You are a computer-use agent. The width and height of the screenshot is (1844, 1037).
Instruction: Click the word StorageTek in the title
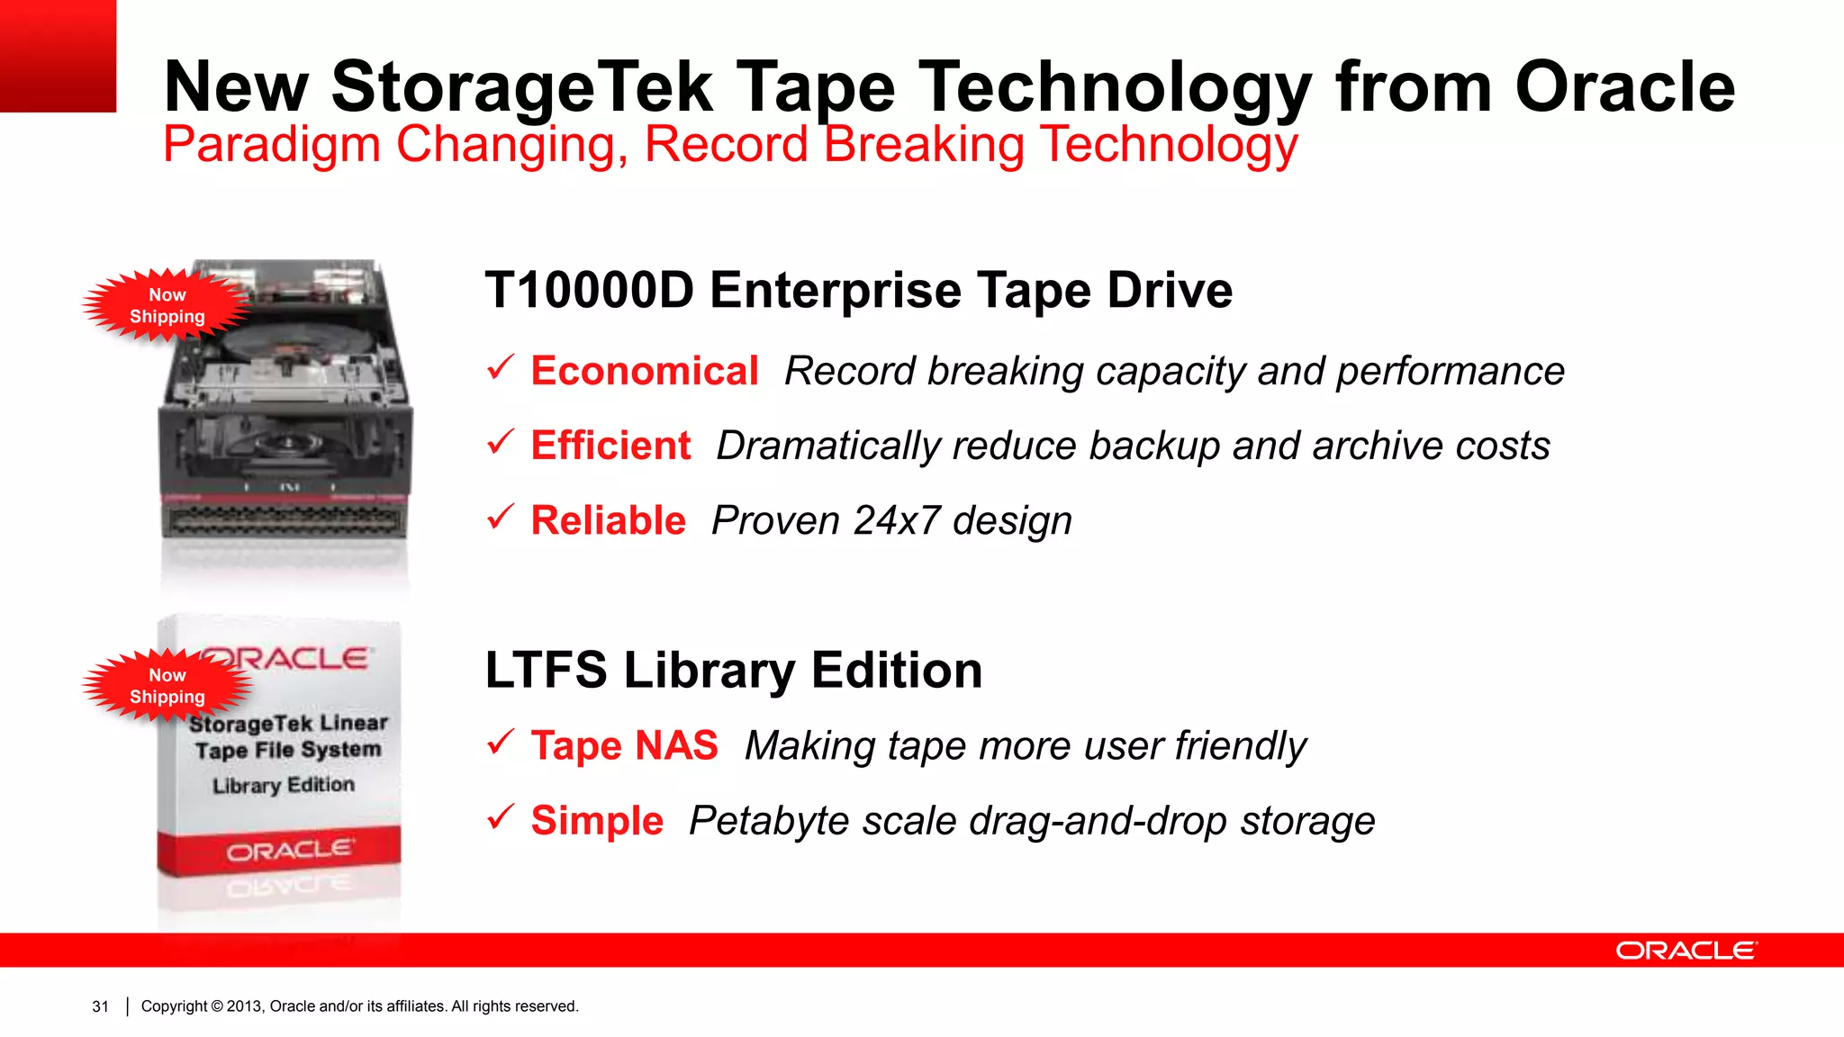(522, 87)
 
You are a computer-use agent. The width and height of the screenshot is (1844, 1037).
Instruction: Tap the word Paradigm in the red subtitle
(271, 145)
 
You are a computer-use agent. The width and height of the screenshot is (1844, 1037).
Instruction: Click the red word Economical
(644, 371)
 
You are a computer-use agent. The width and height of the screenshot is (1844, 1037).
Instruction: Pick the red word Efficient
(610, 446)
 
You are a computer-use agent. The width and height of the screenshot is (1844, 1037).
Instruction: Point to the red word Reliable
(608, 520)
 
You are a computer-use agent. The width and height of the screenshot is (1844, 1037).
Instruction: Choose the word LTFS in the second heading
(546, 671)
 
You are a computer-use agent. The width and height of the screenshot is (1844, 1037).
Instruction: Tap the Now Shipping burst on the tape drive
(167, 306)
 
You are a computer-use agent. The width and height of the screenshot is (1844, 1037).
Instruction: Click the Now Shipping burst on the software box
(167, 686)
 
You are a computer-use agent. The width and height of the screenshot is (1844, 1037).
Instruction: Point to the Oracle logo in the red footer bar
(1686, 951)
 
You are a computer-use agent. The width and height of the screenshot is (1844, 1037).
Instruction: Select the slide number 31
(100, 1006)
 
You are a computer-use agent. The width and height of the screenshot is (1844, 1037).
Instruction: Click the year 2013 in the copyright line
(244, 1006)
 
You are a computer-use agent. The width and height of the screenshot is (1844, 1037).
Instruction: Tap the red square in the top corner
(58, 56)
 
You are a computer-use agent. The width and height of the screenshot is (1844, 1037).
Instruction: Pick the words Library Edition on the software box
(284, 785)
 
